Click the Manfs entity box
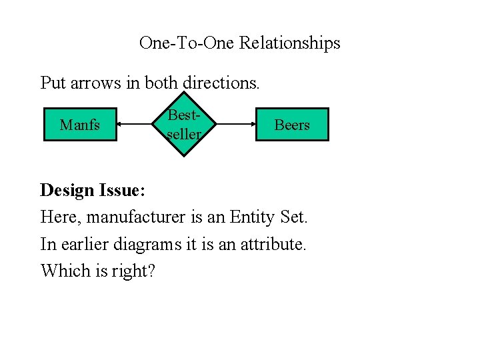pos(80,125)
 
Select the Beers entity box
pos(292,125)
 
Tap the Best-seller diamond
pos(183,125)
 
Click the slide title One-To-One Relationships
pos(239,43)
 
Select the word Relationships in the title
pos(289,43)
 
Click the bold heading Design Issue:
pos(93,190)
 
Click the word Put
pos(51,83)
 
